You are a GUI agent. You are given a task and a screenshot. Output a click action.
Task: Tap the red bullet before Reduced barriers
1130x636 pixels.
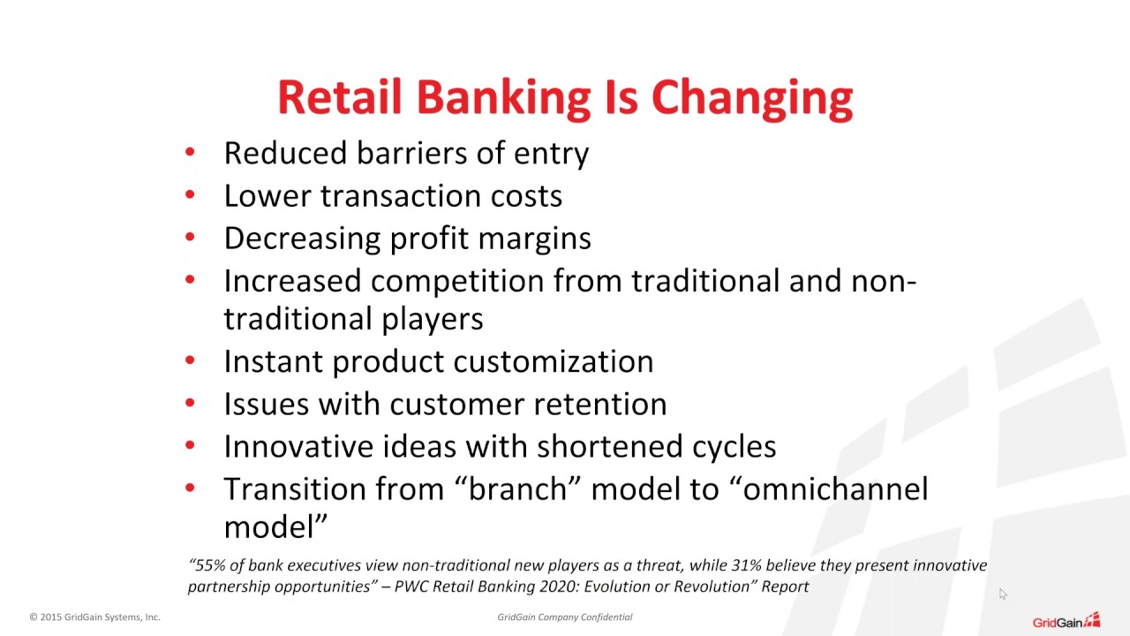(190, 153)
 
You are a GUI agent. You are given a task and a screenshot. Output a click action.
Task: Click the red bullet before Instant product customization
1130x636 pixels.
(190, 361)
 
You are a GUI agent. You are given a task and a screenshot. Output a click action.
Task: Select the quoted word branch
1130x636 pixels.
(517, 488)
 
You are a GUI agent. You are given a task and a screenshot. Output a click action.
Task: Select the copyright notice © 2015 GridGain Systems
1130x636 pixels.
(94, 617)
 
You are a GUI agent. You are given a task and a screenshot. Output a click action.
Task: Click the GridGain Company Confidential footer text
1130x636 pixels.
(564, 617)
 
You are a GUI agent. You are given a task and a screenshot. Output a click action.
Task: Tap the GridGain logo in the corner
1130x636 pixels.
(1066, 620)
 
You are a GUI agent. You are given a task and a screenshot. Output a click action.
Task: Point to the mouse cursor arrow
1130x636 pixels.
(1002, 594)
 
